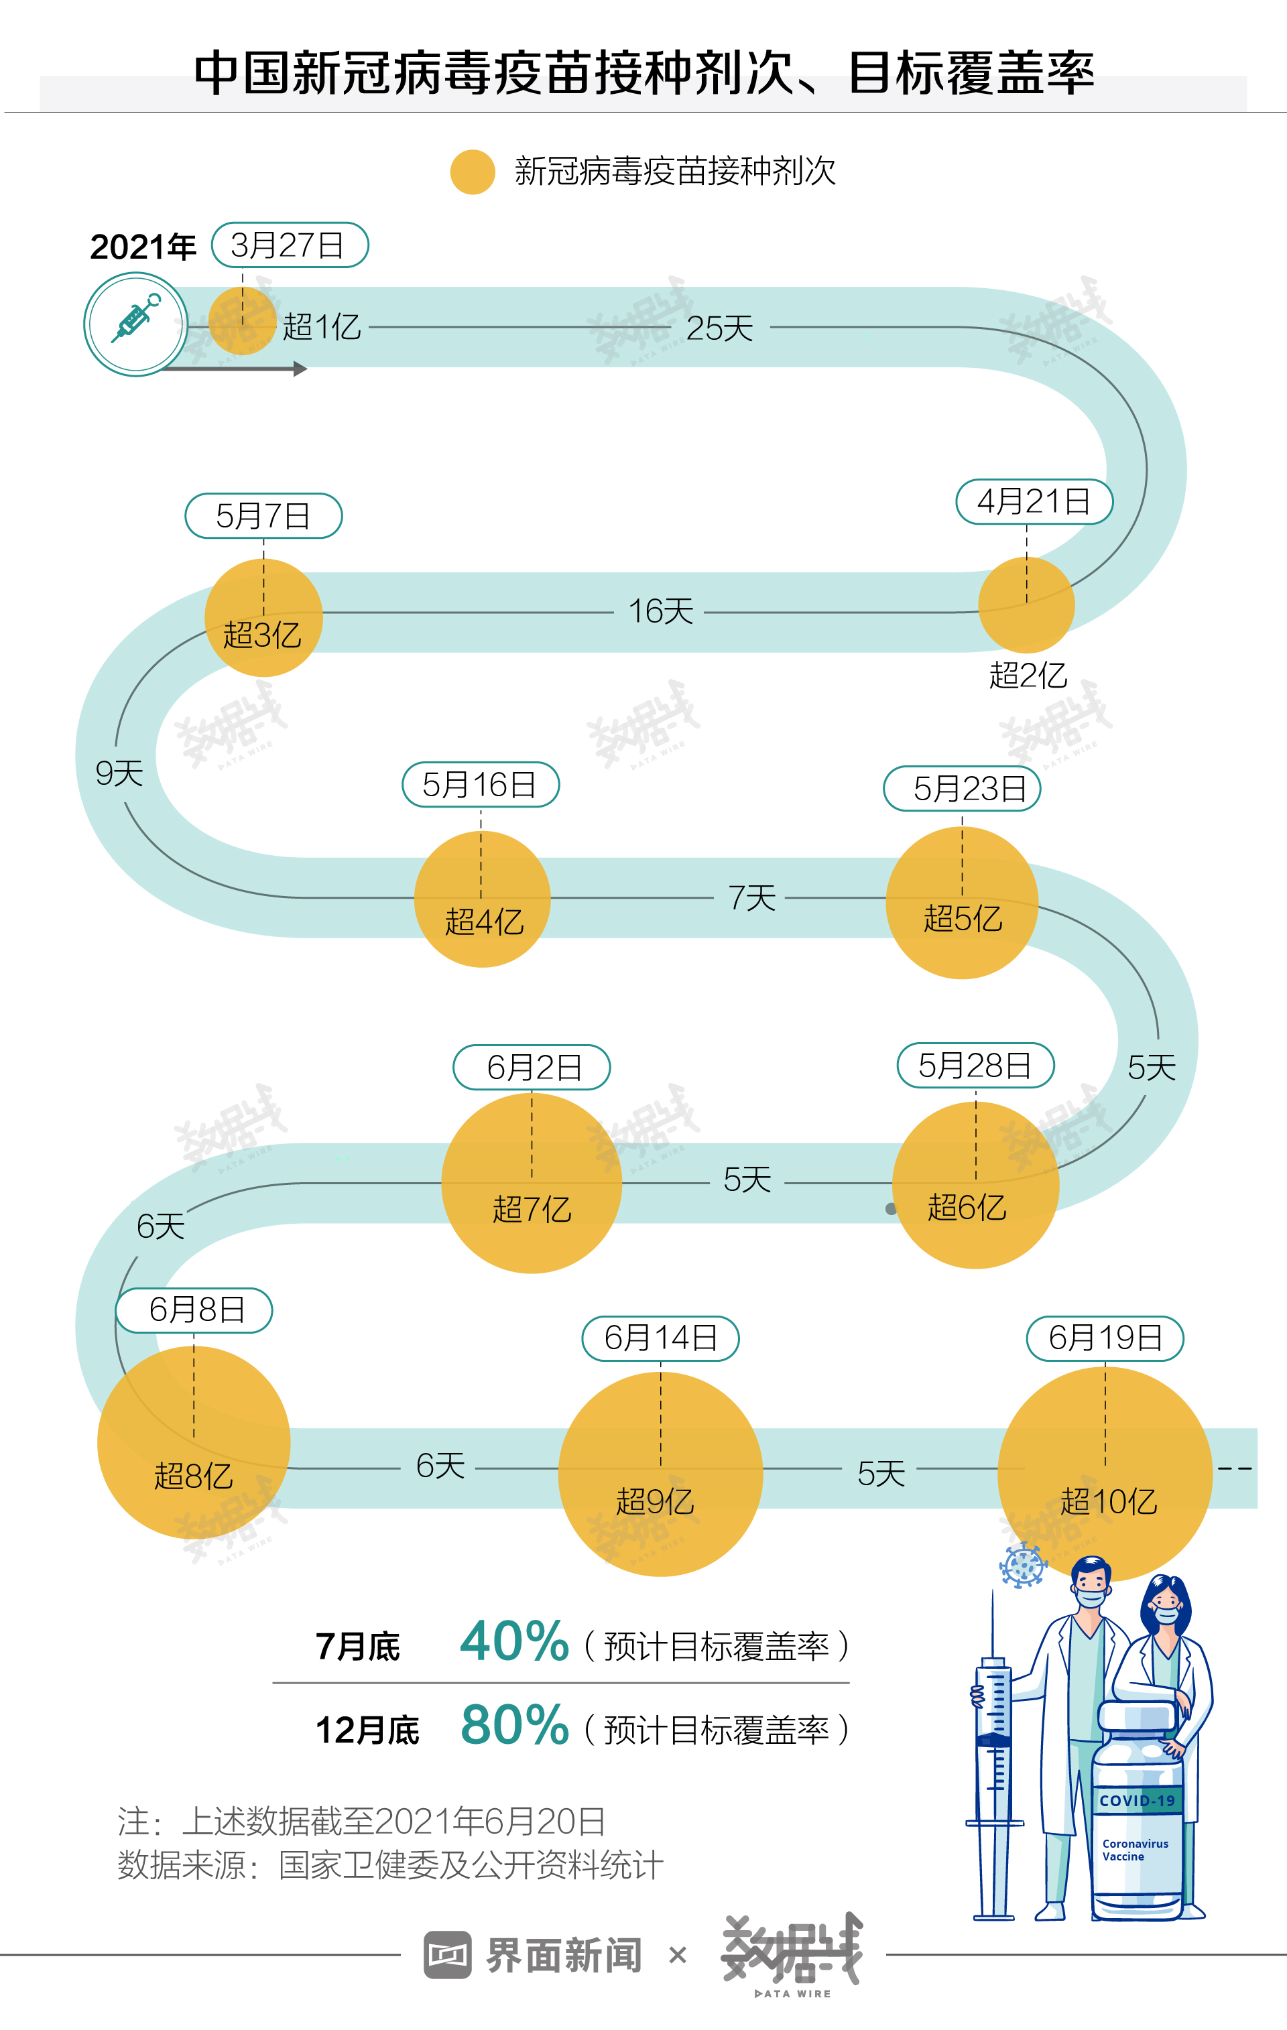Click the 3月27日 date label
pyautogui.click(x=290, y=245)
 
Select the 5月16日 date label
pyautogui.click(x=480, y=785)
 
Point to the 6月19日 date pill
pyautogui.click(x=1105, y=1338)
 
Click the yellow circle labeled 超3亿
pyautogui.click(x=264, y=618)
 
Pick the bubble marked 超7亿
pyautogui.click(x=532, y=1184)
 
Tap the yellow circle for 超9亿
pyautogui.click(x=660, y=1474)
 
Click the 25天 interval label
pyautogui.click(x=719, y=328)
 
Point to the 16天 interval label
pyautogui.click(x=660, y=611)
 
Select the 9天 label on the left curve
pyautogui.click(x=119, y=773)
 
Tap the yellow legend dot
pyautogui.click(x=473, y=172)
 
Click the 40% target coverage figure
pyautogui.click(x=513, y=1641)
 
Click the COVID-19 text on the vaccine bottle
pyautogui.click(x=1137, y=1801)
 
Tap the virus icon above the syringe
pyautogui.click(x=1022, y=1566)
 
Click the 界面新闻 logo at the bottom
pyautogui.click(x=534, y=1955)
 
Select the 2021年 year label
pyautogui.click(x=143, y=247)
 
